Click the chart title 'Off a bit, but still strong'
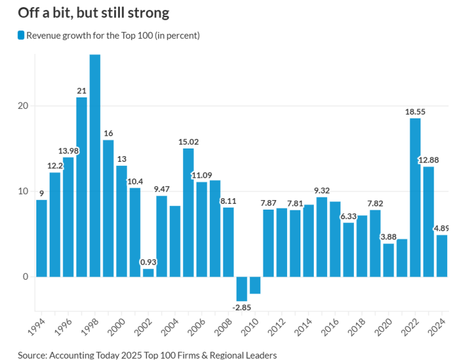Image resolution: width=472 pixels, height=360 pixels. [94, 12]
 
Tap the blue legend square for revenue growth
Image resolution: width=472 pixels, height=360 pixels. [21, 36]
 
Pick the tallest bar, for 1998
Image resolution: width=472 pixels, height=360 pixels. [95, 166]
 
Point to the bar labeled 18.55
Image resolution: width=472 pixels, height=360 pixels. [415, 198]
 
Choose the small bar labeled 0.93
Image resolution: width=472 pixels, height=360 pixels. [148, 273]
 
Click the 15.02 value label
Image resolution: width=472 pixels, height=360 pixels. [188, 141]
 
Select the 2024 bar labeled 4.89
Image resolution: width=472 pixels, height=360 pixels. [441, 256]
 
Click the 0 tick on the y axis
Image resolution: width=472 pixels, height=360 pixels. [25, 277]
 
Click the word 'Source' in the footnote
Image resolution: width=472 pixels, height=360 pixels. [33, 354]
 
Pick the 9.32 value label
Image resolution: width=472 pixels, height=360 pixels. [321, 190]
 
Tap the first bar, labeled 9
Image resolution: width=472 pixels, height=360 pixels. [41, 238]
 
